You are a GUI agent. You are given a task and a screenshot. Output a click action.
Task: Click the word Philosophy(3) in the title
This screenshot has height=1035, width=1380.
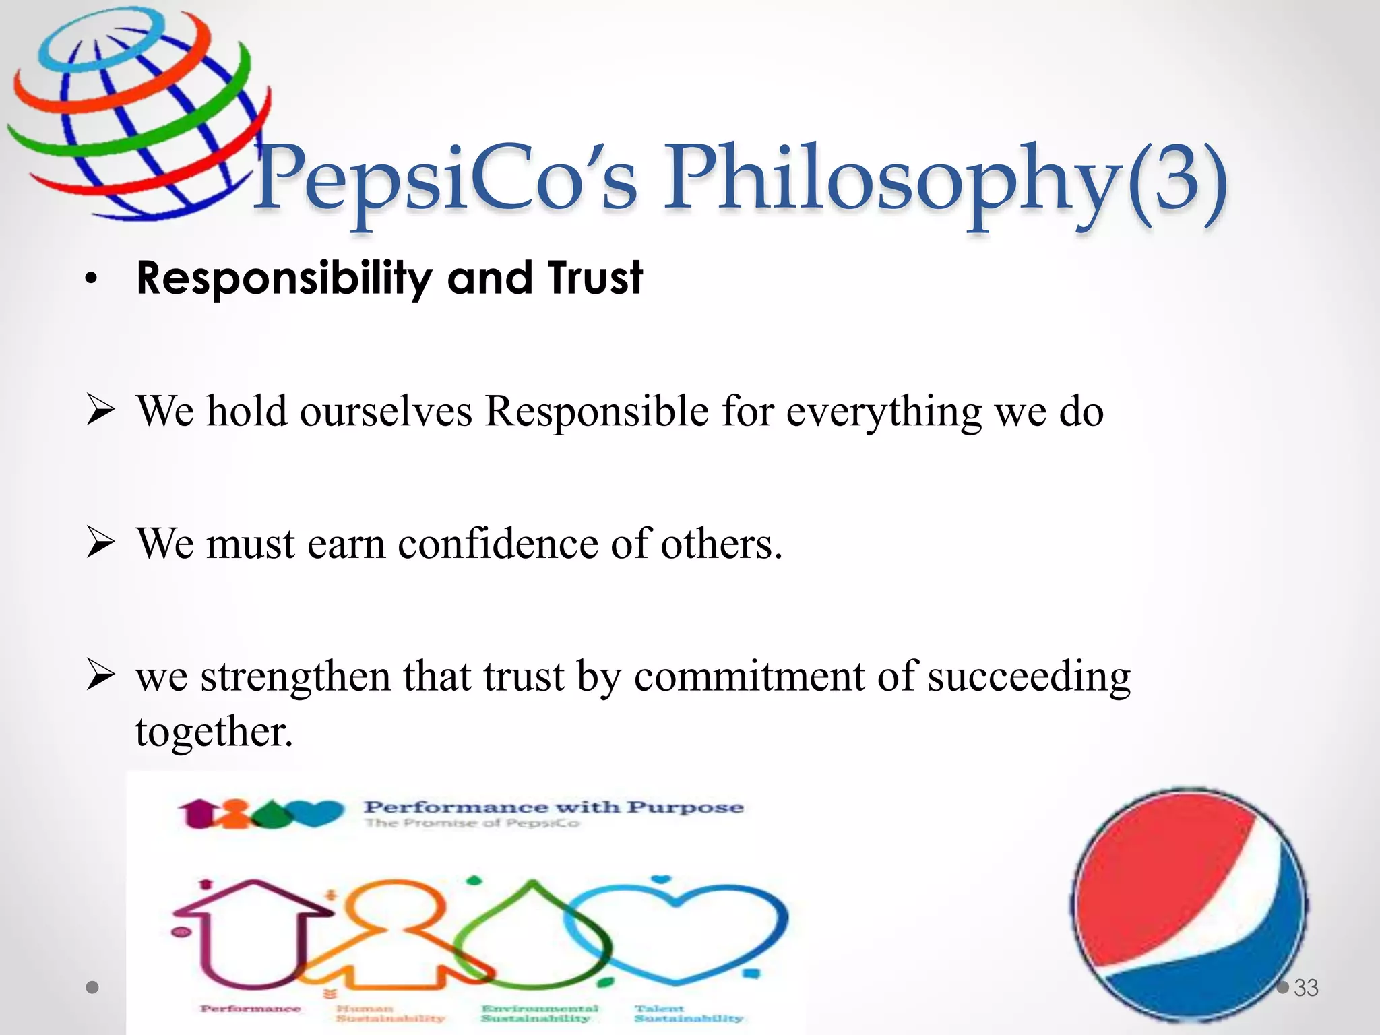943,179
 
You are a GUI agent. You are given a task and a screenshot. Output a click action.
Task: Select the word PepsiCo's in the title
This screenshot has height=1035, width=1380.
445,179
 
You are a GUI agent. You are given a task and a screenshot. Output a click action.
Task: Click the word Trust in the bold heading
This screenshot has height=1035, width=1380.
594,278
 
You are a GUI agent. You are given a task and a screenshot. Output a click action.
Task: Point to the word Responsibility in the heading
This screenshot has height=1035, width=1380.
283,278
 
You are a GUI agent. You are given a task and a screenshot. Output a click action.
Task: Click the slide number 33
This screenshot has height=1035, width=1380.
1306,988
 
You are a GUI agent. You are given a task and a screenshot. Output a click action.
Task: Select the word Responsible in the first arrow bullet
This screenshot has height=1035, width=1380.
596,410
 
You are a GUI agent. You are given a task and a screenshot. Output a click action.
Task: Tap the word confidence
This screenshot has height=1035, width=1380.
497,543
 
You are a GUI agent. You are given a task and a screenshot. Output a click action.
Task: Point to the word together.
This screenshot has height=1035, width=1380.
214,732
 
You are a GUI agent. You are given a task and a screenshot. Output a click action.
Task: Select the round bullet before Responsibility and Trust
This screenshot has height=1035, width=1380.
92,279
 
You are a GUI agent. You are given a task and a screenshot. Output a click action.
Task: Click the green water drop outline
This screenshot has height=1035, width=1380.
532,933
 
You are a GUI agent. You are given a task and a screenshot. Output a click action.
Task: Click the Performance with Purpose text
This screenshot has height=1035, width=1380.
553,807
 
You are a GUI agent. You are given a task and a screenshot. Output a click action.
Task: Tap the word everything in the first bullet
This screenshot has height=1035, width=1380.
883,412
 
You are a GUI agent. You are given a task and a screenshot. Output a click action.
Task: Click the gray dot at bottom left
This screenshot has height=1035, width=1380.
93,988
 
